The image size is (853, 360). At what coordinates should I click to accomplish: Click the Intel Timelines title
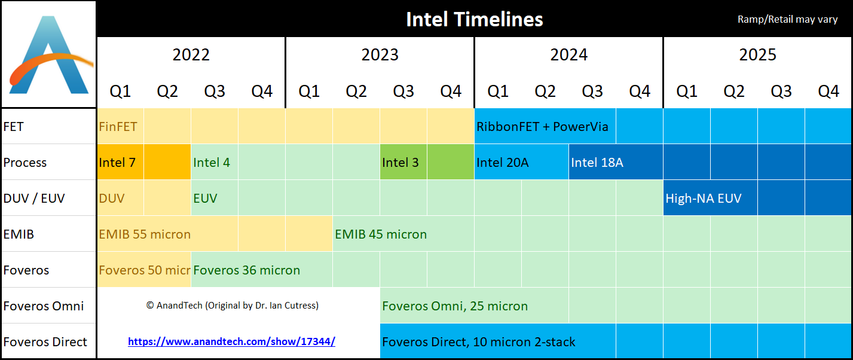coord(474,19)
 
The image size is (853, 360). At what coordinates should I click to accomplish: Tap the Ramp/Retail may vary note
coord(787,20)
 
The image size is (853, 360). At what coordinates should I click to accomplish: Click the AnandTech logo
coord(48,54)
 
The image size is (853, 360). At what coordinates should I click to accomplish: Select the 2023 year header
coord(380,55)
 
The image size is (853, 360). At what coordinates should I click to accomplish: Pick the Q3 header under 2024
coord(592,91)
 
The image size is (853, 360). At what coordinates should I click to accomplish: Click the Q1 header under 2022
coord(120,91)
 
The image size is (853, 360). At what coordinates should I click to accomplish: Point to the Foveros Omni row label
coord(44,306)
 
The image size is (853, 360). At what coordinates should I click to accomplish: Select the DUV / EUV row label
coord(33,198)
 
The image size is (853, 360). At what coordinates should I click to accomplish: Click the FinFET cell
coord(118,127)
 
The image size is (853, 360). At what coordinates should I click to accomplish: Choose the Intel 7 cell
coord(117,163)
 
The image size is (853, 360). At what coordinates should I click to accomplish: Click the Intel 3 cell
coord(400,163)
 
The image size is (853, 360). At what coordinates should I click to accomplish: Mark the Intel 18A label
coord(597,163)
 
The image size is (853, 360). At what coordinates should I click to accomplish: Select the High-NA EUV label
coord(703,199)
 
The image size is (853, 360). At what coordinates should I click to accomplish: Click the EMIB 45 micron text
coord(381,234)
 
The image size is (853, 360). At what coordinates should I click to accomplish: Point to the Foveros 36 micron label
coord(246,270)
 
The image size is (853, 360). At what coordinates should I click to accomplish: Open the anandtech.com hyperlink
coord(231,342)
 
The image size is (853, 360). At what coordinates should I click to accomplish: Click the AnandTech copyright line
coord(232,306)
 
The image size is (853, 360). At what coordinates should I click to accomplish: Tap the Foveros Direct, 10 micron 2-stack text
coord(478,342)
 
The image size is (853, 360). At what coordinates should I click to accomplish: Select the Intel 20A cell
coord(502,163)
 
